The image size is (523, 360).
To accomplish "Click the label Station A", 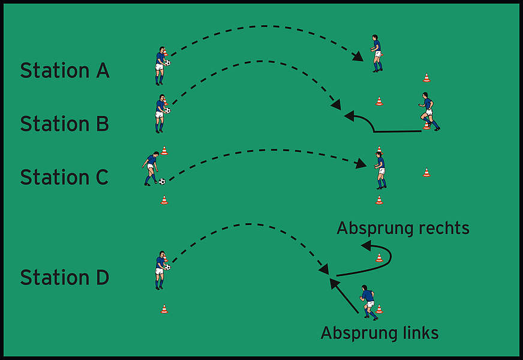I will [64, 71].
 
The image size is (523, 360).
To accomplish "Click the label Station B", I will [64, 124].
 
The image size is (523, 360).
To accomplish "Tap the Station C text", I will [64, 178].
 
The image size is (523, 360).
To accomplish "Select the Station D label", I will [64, 278].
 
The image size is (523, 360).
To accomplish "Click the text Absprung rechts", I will [402, 229].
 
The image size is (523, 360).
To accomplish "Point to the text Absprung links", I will [379, 333].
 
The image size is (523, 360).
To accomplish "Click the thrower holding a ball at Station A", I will [160, 65].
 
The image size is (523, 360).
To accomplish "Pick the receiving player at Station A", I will [376, 53].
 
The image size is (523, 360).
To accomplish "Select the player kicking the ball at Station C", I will [151, 168].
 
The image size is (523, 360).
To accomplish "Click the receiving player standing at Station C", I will [380, 169].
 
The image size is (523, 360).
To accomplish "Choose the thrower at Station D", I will [160, 269].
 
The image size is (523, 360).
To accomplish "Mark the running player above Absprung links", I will [368, 302].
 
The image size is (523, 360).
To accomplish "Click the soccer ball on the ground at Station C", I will [162, 181].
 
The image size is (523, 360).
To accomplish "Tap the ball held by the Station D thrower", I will [168, 267].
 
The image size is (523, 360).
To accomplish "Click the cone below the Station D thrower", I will [164, 308].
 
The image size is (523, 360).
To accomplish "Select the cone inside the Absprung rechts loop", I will [379, 257].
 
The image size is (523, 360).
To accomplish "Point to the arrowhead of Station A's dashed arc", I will [358, 58].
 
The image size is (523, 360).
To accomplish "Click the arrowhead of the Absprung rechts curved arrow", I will [365, 245].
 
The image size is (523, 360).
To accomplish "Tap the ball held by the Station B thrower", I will [168, 110].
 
